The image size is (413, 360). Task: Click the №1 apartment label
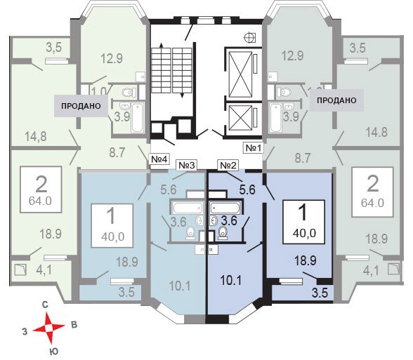253,148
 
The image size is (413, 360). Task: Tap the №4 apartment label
159,159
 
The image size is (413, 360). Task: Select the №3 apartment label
187,166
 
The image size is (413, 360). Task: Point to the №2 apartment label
228,166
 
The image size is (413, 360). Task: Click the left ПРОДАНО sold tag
81,106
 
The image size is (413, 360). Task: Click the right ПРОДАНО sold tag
336,100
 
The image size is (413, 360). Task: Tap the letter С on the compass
45,305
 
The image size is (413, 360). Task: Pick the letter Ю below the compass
53,352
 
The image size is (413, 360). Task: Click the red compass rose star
48,328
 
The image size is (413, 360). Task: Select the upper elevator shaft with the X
240,74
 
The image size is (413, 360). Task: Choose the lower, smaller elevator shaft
240,118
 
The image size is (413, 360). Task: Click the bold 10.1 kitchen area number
230,281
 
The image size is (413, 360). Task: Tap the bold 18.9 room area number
306,260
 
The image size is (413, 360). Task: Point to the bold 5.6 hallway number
247,189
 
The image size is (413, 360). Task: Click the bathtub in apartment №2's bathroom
225,208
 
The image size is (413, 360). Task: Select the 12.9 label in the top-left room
112,58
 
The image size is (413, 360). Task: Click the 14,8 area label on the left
36,136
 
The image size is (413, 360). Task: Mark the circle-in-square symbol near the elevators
249,38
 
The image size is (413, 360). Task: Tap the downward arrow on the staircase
182,95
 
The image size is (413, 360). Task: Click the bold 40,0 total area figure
304,233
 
